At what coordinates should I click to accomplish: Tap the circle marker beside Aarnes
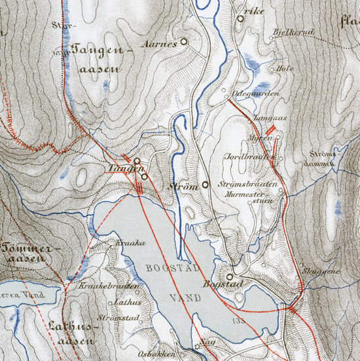[183, 41]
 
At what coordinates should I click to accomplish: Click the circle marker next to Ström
[204, 185]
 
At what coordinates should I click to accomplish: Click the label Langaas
[257, 118]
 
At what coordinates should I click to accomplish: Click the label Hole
[285, 67]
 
